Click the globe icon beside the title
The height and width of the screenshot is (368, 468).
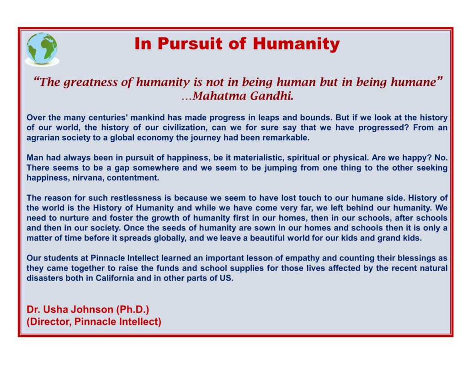[42, 49]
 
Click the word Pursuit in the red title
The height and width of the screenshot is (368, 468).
[190, 43]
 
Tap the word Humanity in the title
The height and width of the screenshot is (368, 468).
[296, 44]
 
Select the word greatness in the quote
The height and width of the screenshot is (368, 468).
[91, 82]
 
